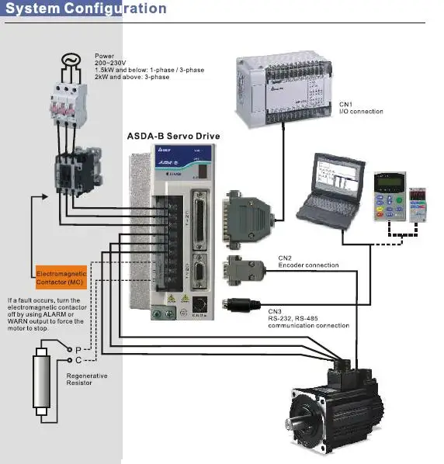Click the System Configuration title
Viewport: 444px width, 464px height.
click(86, 9)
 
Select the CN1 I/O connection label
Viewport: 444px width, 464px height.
click(361, 108)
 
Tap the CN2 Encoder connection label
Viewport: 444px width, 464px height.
click(308, 261)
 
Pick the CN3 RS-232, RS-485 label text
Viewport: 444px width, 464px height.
click(308, 321)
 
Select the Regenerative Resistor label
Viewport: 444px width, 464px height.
click(87, 379)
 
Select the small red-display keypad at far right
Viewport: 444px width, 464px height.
click(419, 203)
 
